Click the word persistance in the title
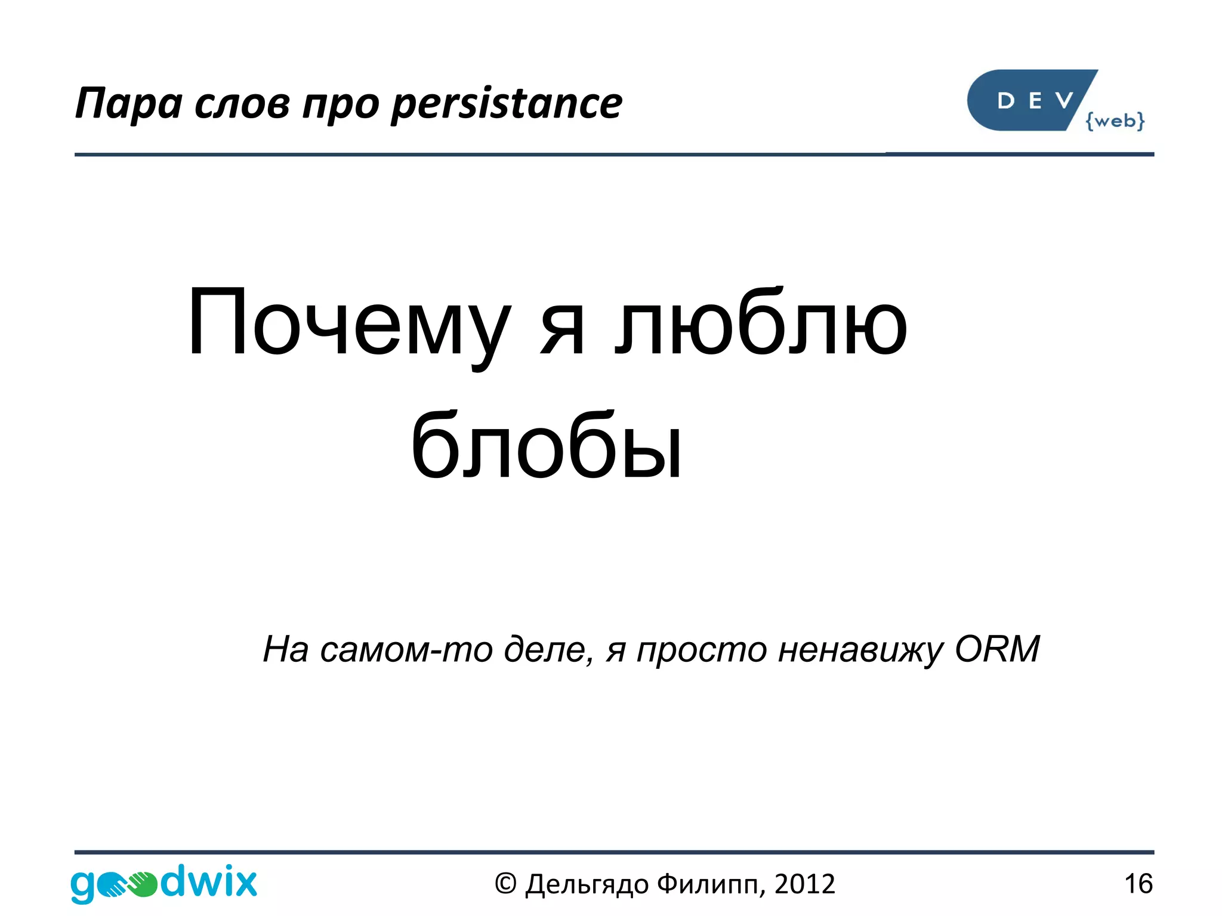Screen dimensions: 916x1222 pos(507,104)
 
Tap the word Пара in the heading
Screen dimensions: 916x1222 pos(128,104)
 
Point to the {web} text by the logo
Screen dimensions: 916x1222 pos(1115,121)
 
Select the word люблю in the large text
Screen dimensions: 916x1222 pos(761,324)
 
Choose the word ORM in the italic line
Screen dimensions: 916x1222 pos(997,649)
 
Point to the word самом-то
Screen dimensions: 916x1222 pos(406,649)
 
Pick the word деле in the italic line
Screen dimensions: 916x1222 pos(549,649)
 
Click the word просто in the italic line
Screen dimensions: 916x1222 pos(702,650)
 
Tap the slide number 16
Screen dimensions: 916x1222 pos(1138,883)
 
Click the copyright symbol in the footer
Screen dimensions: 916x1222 pos(505,884)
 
